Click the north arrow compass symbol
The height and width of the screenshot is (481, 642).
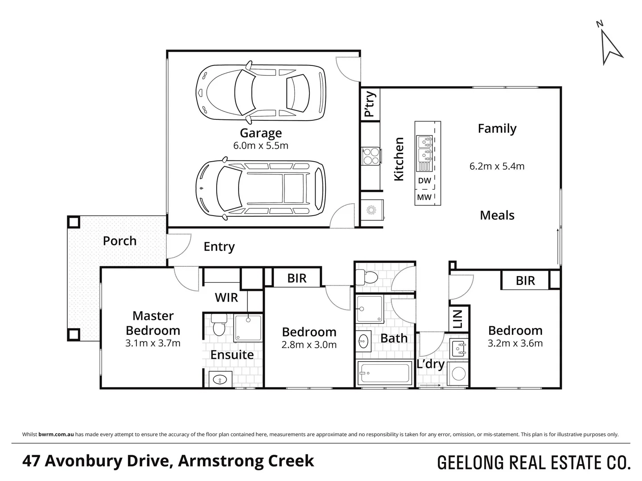610,45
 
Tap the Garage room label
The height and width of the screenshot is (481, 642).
261,133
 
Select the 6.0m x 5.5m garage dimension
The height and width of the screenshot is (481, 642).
261,146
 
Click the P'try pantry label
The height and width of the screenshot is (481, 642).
370,104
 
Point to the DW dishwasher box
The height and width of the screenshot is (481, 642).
424,181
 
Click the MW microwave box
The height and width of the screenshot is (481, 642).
424,197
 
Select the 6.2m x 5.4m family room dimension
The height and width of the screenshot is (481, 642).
497,166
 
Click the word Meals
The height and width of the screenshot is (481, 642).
497,216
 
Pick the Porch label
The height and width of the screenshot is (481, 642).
119,241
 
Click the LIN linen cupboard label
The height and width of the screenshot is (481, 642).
458,318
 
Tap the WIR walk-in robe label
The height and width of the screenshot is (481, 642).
226,298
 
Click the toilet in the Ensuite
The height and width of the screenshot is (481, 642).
218,325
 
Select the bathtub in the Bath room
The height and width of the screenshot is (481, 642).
384,373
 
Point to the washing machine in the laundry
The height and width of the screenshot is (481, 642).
458,373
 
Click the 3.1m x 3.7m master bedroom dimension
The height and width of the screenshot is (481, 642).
153,343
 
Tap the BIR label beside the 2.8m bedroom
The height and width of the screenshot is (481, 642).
297,278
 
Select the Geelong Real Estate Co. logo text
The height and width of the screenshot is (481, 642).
534,462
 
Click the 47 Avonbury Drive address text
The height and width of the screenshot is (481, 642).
168,461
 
